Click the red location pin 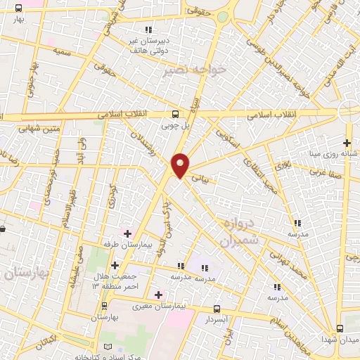(181, 164)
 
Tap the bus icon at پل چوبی (175, 114)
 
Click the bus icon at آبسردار (217, 309)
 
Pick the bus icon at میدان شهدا (340, 328)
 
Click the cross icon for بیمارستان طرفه (127, 233)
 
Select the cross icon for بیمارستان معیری (158, 295)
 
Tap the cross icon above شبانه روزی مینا (347, 143)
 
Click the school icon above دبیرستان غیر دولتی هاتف (148, 30)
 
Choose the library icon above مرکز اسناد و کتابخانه (107, 347)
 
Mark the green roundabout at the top (222, 15)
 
